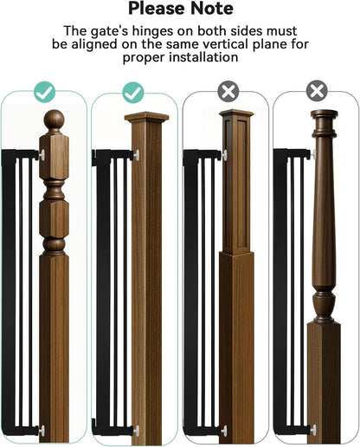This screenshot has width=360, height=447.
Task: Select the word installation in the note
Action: pos(203,57)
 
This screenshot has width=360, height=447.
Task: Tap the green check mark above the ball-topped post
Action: pos(44,92)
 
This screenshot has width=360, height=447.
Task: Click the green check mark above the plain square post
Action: pos(133,93)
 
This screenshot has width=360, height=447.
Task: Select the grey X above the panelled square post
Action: pos(228,91)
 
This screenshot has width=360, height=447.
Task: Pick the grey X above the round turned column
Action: pos(317,91)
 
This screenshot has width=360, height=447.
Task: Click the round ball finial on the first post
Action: pos(54,120)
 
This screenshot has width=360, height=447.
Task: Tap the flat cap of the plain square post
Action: pos(146,117)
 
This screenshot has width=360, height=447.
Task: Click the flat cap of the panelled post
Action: pos(236,113)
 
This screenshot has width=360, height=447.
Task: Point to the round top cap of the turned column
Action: pos(324,113)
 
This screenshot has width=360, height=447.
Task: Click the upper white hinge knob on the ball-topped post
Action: pos(42,155)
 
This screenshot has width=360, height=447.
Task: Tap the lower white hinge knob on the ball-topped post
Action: pos(42,431)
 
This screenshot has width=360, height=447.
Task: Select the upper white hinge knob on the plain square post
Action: pos(136,155)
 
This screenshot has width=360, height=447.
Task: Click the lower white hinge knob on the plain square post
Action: pos(136,431)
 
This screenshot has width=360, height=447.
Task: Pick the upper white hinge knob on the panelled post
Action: pos(224,155)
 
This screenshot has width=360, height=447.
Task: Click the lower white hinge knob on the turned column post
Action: pos(313,430)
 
